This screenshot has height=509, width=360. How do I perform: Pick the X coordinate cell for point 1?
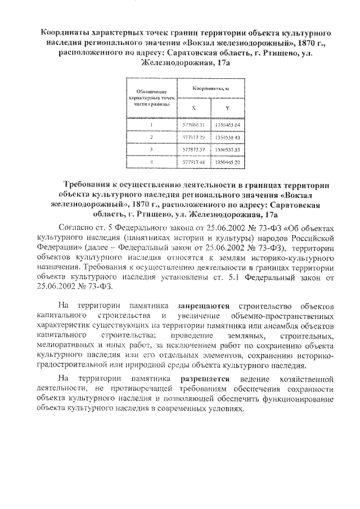pyautogui.click(x=194, y=124)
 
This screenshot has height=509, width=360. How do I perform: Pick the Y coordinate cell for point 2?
pyautogui.click(x=227, y=137)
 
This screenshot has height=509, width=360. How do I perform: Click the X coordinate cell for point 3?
pyautogui.click(x=194, y=150)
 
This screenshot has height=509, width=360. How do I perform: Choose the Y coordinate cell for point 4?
pyautogui.click(x=227, y=163)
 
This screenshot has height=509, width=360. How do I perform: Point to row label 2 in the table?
pyautogui.click(x=151, y=137)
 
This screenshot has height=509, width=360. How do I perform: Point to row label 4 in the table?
pyautogui.click(x=151, y=163)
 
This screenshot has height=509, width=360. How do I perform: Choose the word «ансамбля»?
pyautogui.click(x=289, y=326)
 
